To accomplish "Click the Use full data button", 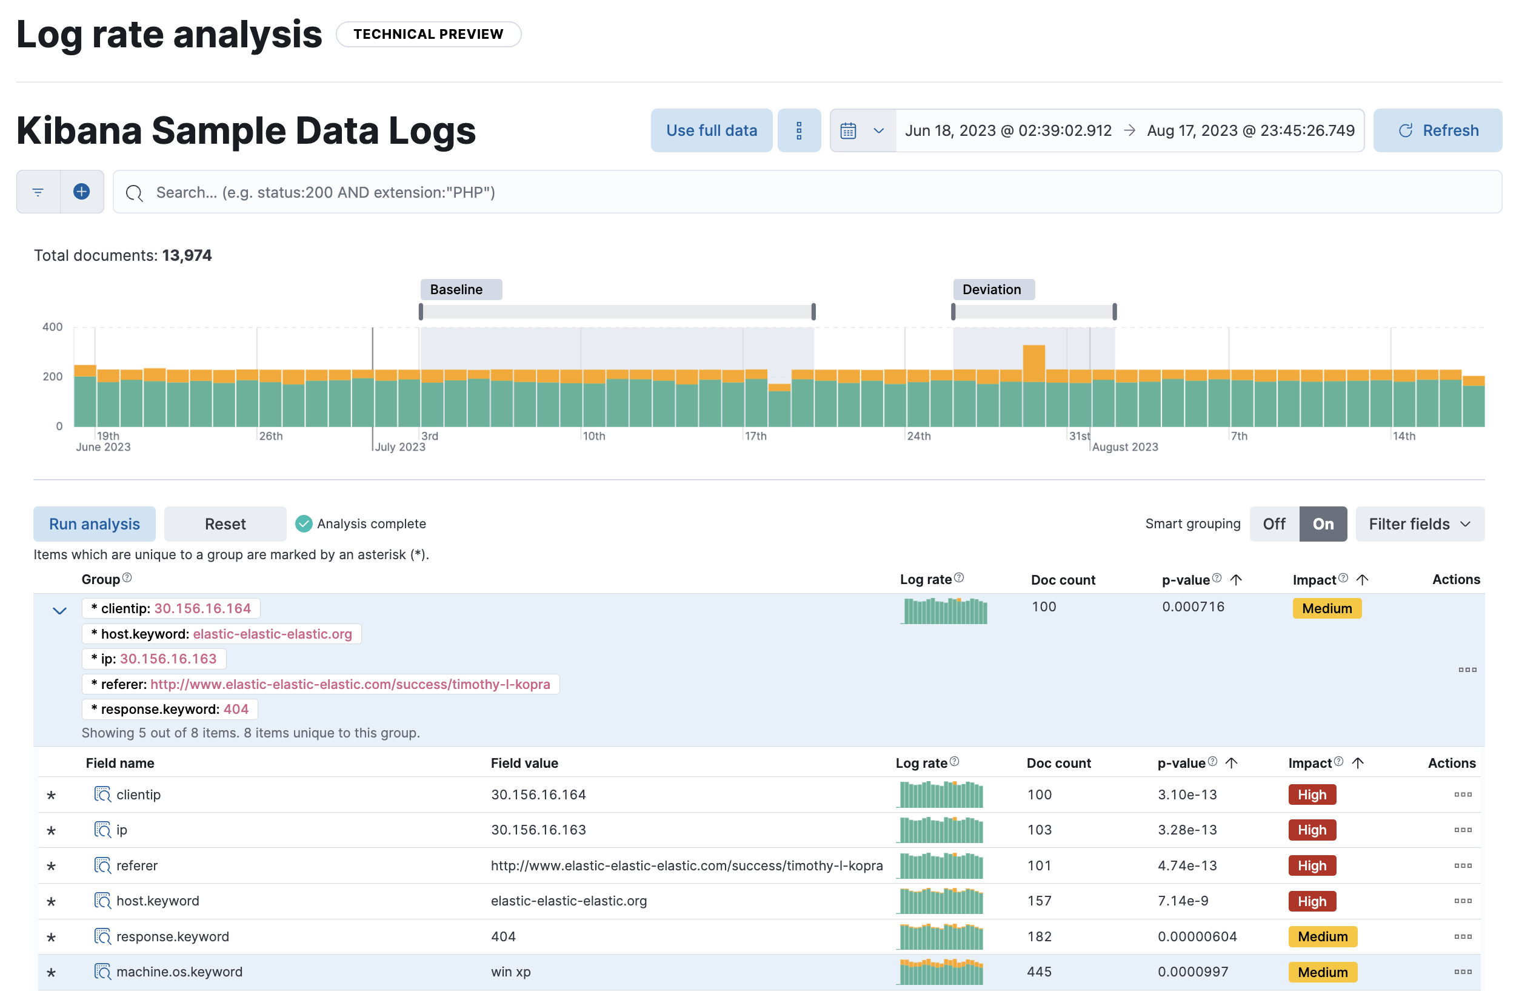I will (711, 130).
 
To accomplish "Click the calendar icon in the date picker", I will (847, 131).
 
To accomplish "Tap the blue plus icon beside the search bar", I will (81, 192).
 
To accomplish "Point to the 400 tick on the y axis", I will (52, 327).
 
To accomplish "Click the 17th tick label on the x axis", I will (756, 436).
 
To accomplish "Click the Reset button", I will (225, 523).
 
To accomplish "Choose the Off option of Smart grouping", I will (1274, 523).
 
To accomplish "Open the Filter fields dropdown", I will (1419, 523).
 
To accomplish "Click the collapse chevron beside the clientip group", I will (59, 611).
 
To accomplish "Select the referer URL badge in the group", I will (321, 684).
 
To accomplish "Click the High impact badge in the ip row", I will (1312, 830).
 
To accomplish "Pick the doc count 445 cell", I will (1039, 971).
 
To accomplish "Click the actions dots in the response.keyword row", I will (1462, 936).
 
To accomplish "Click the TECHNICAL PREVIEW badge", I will (429, 34).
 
